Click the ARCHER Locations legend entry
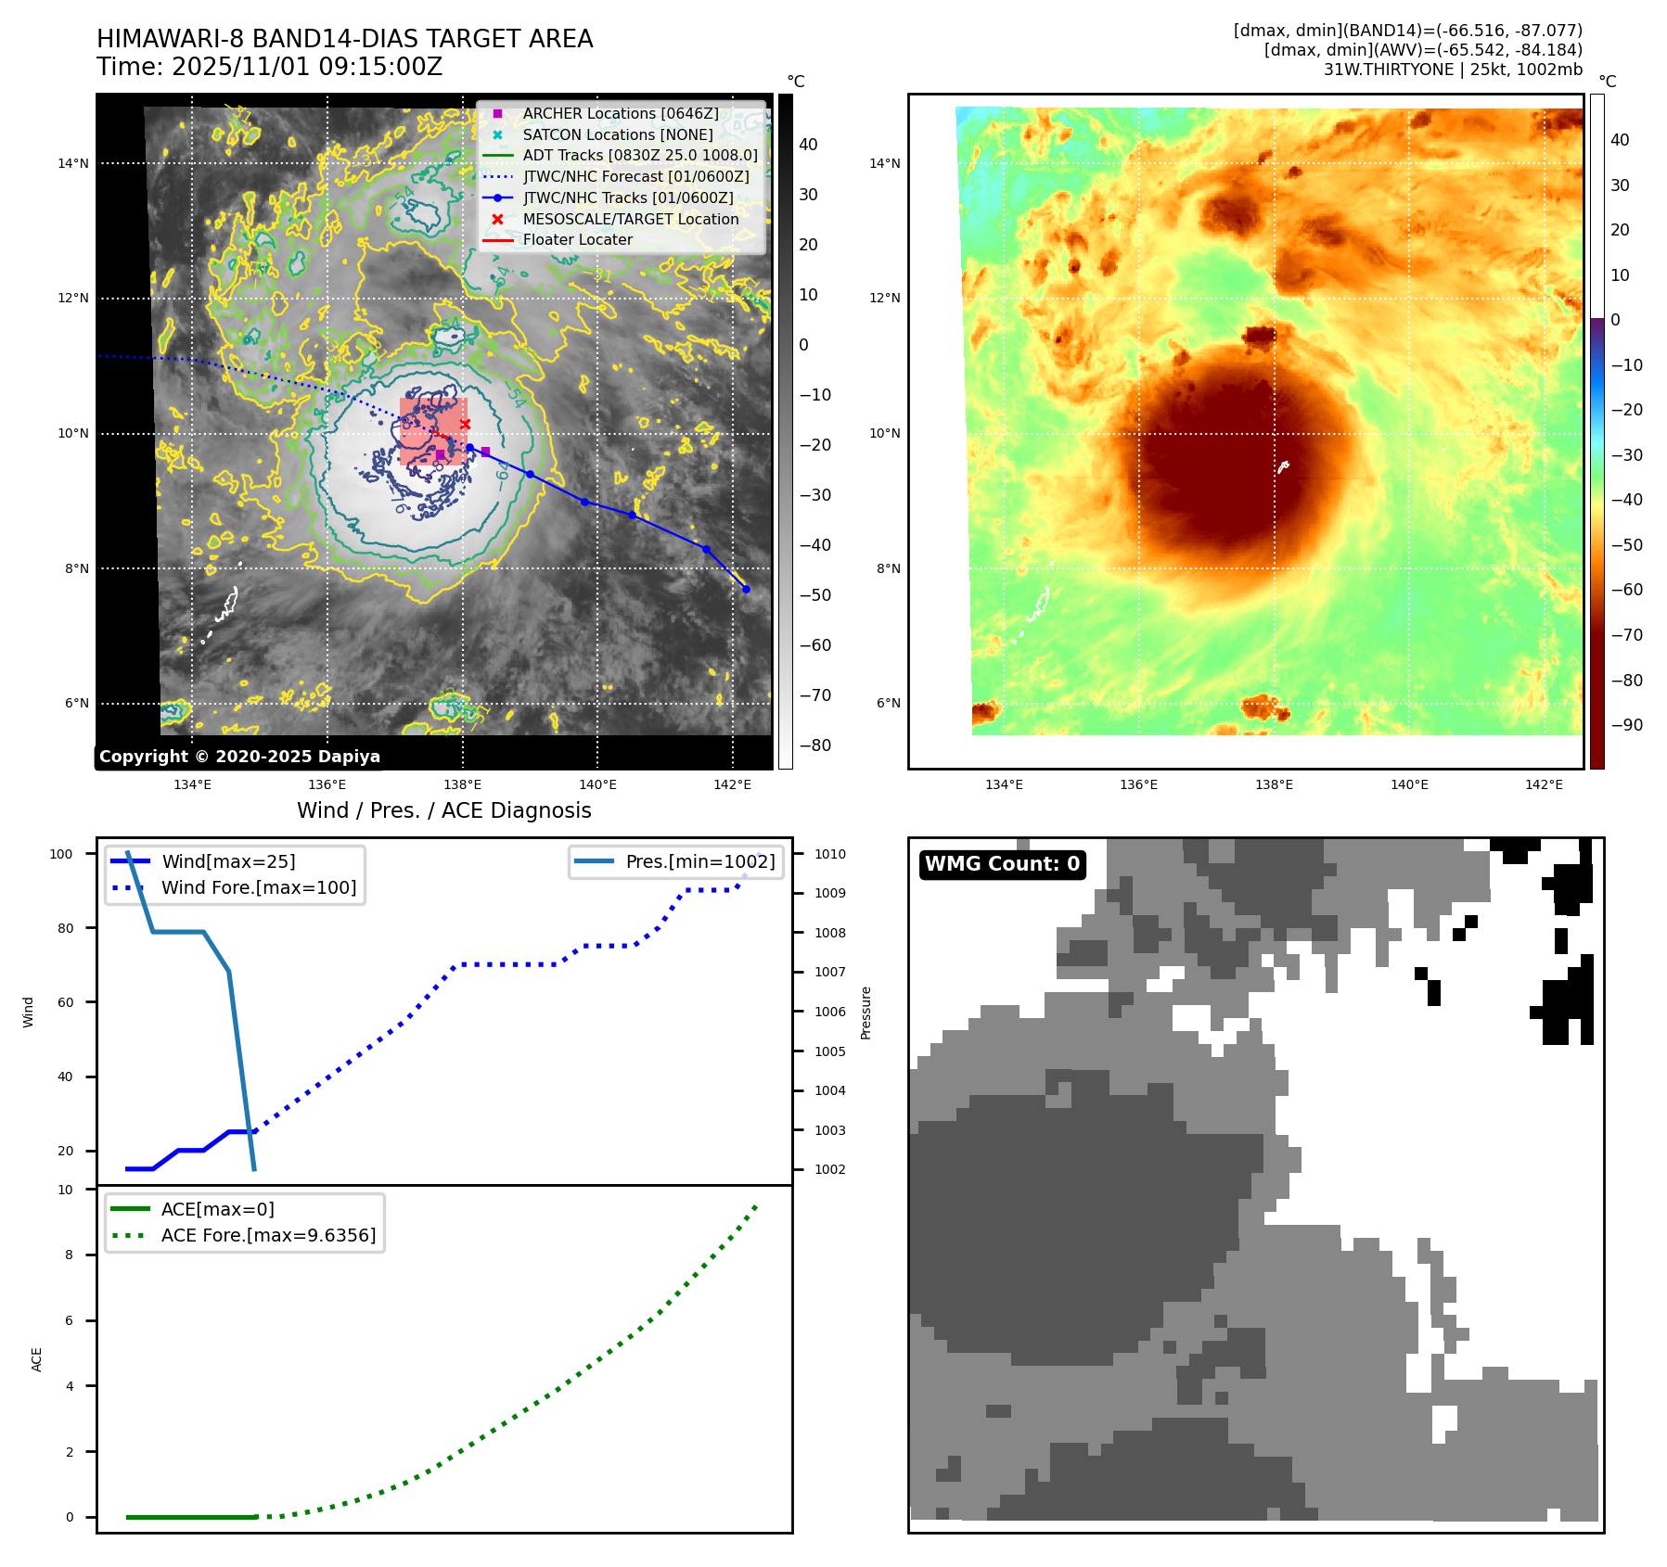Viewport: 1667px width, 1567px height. (x=620, y=113)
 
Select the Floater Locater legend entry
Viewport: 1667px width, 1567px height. (x=577, y=239)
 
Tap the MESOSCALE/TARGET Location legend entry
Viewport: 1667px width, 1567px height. (x=630, y=219)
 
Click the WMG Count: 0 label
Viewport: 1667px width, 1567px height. (x=1002, y=864)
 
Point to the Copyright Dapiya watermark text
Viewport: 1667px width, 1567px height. (x=239, y=757)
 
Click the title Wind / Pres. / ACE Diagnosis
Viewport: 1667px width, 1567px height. (x=443, y=810)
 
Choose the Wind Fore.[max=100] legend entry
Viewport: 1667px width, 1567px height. (x=258, y=887)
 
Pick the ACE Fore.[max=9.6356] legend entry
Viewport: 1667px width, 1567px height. (x=268, y=1235)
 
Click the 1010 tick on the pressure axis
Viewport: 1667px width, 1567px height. (x=830, y=854)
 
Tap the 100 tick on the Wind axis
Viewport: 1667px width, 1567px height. (x=61, y=854)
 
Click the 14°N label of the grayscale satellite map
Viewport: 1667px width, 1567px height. (x=73, y=164)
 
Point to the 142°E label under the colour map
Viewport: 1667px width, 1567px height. (x=1544, y=784)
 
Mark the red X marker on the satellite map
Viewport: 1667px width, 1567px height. (x=466, y=425)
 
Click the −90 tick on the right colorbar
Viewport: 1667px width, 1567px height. (x=1626, y=725)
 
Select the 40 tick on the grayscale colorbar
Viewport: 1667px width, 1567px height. (x=808, y=145)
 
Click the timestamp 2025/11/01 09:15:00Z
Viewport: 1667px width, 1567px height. (x=307, y=67)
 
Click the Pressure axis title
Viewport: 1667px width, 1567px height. (x=866, y=1013)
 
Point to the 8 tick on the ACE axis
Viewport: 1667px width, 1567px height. (x=69, y=1255)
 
